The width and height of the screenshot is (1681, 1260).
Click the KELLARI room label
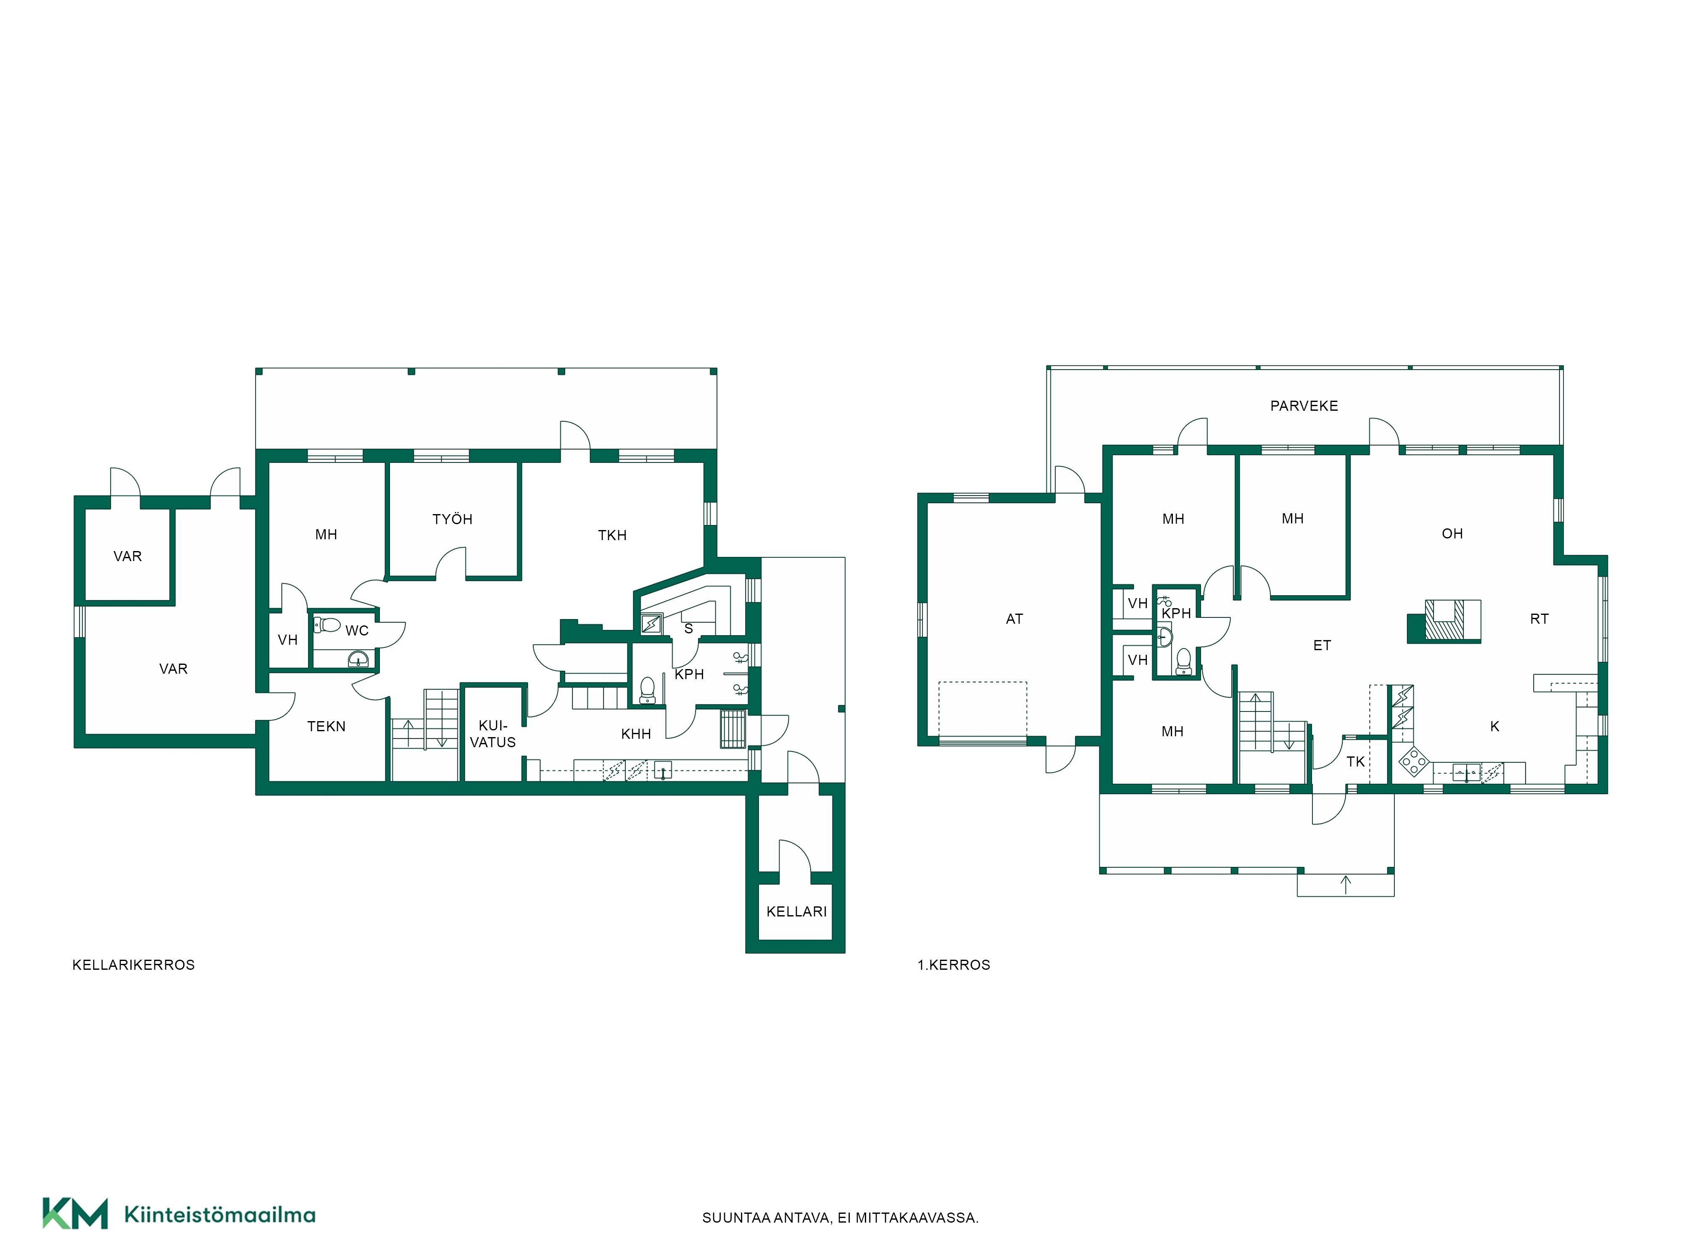796,911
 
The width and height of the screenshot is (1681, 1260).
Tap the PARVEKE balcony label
1304,406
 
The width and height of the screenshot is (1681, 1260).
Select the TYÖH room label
452,520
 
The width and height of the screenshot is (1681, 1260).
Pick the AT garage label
1014,619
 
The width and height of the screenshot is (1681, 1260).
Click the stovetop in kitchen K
1413,760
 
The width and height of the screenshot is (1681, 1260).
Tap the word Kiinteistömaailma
220,1215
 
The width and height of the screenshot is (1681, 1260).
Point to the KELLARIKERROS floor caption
134,965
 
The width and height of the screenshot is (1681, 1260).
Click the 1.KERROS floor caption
954,965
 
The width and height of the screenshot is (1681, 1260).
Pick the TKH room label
613,535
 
